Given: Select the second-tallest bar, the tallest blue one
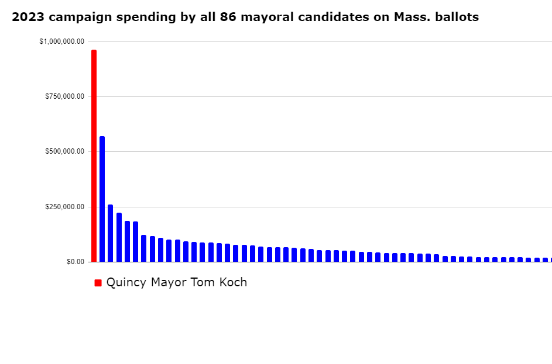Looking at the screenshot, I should [102, 199].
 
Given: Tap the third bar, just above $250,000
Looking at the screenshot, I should [110, 233].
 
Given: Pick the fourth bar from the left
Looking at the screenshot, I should [119, 237].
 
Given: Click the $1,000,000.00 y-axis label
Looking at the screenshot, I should [61, 41].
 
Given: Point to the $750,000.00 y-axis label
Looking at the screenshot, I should [64, 96].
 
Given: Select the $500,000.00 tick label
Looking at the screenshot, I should [64, 151].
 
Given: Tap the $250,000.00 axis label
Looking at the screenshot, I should [64, 207].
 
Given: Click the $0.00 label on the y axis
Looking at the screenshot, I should [75, 262].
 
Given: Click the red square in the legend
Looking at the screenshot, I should [98, 283].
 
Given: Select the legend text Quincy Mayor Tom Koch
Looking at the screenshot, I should [176, 283].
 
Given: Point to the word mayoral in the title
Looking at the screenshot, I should [263, 18].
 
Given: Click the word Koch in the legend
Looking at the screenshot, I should [232, 283].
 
